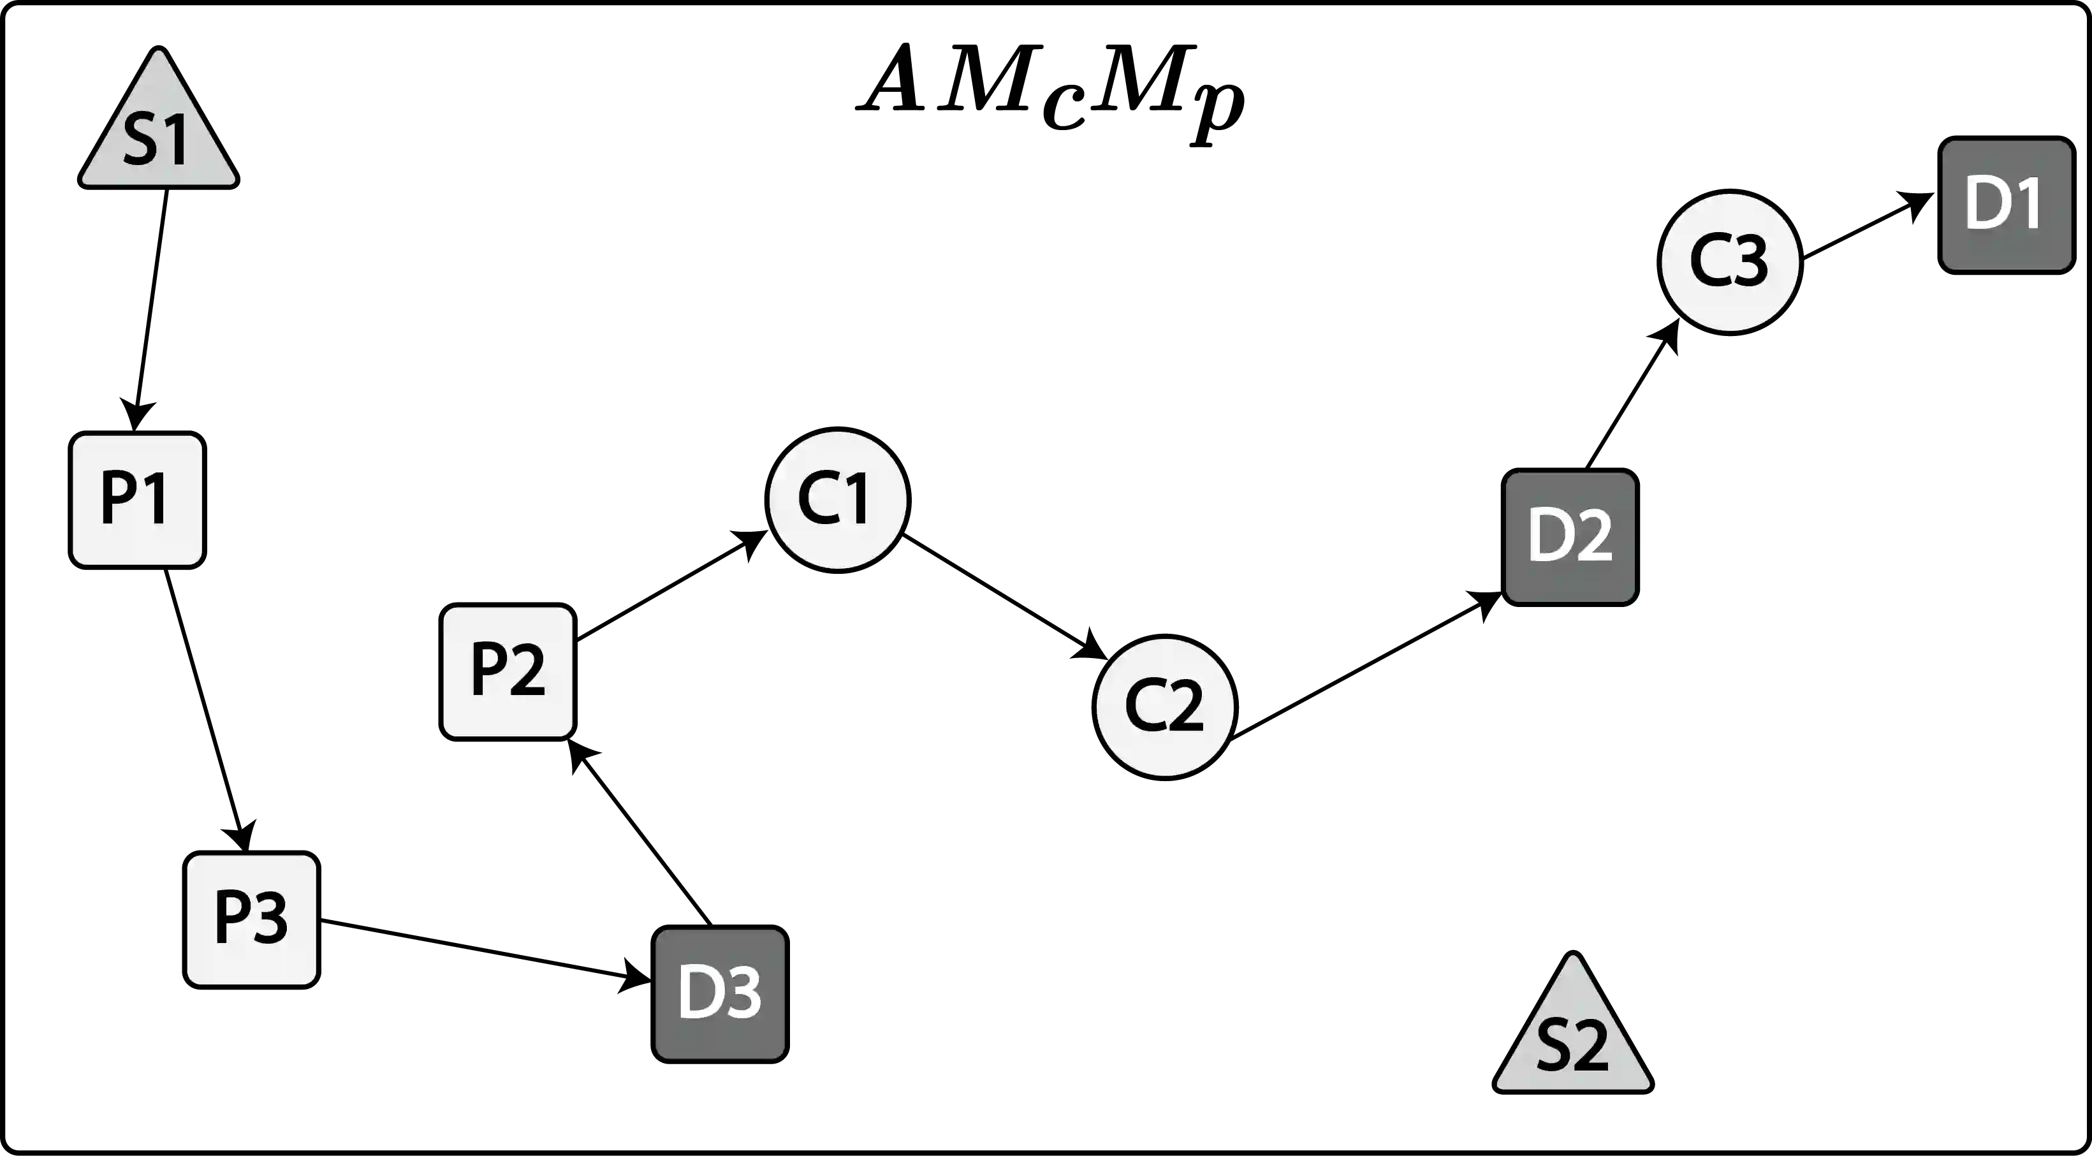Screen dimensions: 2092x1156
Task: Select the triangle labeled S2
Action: [1572, 1040]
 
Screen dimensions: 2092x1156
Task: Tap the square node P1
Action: [137, 499]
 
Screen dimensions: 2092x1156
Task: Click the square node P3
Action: [250, 919]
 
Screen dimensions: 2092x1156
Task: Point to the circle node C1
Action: [837, 498]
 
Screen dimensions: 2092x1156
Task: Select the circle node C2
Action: [1164, 706]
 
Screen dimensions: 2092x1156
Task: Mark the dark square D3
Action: [719, 993]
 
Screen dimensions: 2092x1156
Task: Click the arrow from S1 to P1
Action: [149, 309]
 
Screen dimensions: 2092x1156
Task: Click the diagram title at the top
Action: [1048, 89]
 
